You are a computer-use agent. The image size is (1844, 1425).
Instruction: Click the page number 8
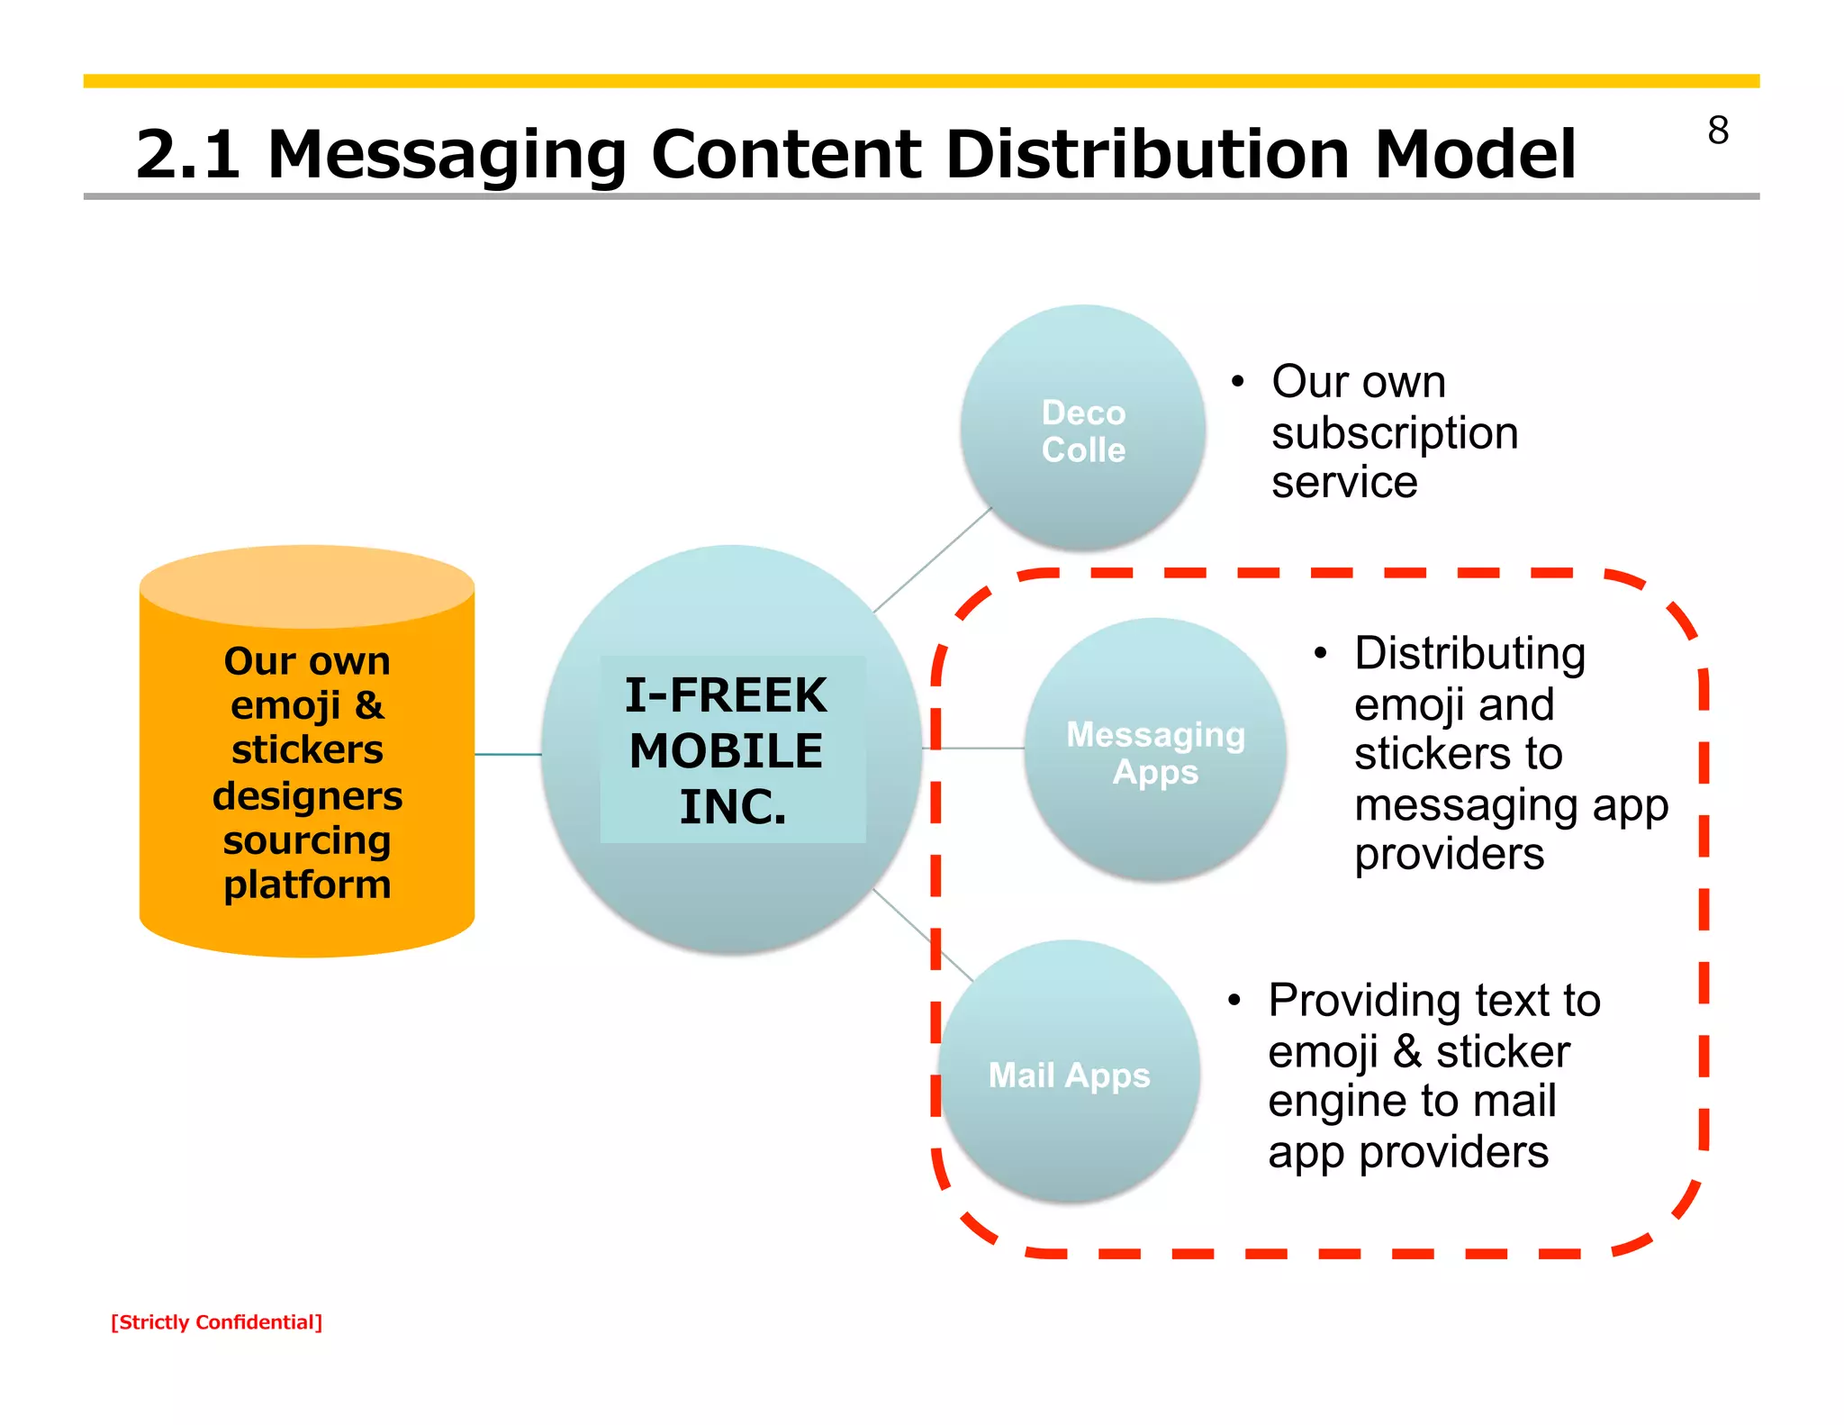pos(1717,132)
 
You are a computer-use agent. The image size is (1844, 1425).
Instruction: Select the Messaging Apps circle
pos(1155,752)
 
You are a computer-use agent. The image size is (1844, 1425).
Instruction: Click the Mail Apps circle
pos(1069,1075)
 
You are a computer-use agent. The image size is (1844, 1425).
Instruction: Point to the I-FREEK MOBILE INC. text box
pos(732,749)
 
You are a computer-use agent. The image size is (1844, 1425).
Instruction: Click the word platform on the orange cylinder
pos(307,885)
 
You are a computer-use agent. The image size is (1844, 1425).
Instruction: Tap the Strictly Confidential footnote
pos(216,1322)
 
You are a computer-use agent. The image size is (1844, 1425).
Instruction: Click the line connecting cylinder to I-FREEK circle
pos(507,754)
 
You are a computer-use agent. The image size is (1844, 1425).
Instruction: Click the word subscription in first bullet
pos(1394,433)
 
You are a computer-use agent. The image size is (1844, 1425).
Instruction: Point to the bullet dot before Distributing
pos(1320,654)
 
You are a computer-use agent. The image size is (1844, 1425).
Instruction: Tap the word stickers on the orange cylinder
pos(307,750)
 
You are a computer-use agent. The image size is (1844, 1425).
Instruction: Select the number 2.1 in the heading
pos(187,154)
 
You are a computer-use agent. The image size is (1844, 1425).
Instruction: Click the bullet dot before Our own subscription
pos(1238,382)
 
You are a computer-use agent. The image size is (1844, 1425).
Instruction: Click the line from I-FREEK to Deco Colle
pos(932,559)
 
